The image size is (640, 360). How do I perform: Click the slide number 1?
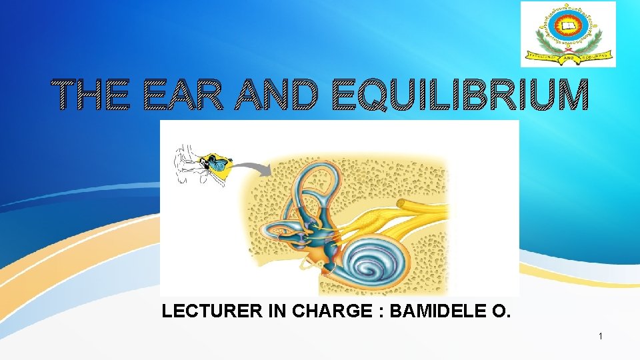coord(601,337)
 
